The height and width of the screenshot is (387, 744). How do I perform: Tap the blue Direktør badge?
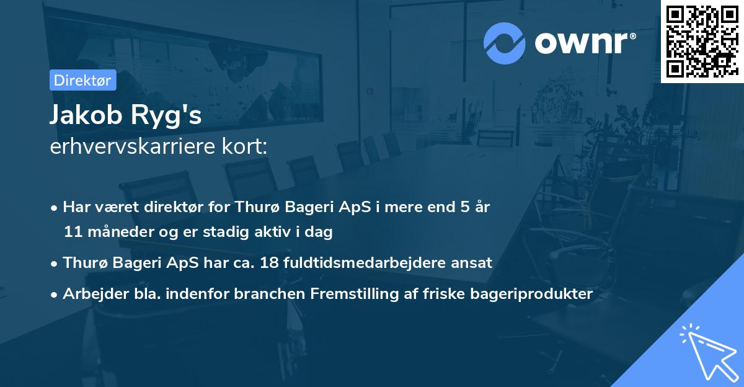point(82,80)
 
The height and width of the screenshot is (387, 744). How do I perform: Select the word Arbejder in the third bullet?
point(93,293)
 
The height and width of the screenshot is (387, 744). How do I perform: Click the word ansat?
point(475,262)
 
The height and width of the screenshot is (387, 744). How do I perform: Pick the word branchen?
point(265,293)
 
